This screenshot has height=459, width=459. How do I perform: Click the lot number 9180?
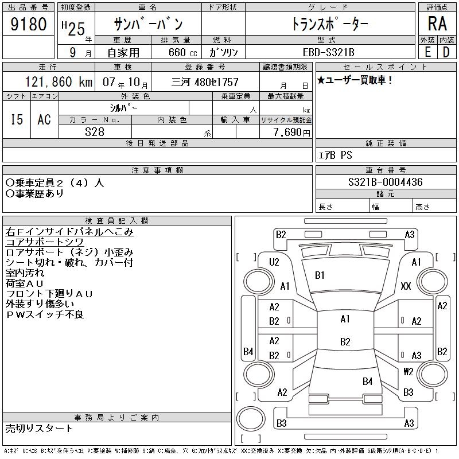click(x=29, y=25)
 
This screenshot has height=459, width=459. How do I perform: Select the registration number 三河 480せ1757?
click(x=205, y=82)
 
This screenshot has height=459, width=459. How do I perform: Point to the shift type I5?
click(x=17, y=119)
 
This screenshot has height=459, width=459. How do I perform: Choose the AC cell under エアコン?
click(x=44, y=119)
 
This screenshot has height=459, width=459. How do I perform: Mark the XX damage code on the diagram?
click(x=406, y=286)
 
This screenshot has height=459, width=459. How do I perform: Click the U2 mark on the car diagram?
click(x=274, y=262)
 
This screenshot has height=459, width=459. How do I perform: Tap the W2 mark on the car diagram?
click(x=408, y=371)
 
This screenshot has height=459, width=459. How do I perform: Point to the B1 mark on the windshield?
click(x=320, y=275)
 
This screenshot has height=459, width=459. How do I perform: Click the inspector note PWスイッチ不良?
click(x=45, y=314)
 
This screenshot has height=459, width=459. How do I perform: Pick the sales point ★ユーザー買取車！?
click(x=355, y=80)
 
